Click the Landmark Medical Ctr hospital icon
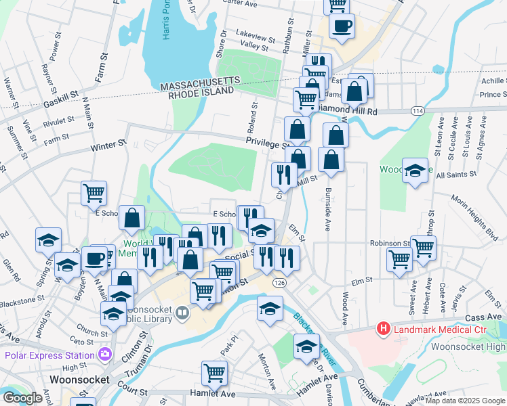tap(384, 330)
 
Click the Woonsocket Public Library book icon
tap(182, 313)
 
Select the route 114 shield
tap(417, 110)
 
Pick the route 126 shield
tap(279, 281)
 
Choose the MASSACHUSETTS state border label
tap(200, 82)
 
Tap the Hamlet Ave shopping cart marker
tap(214, 373)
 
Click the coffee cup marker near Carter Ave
tap(341, 26)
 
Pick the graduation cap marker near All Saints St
tap(414, 171)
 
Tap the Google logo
tap(22, 397)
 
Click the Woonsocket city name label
tap(80, 379)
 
